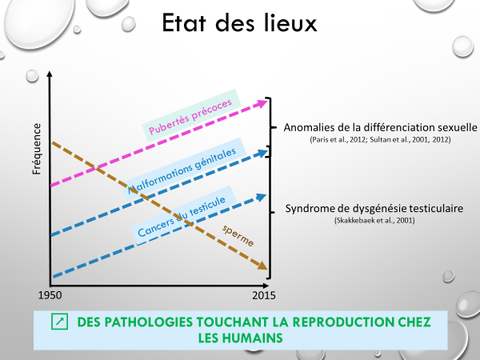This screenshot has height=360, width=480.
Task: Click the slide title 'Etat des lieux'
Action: click(239, 23)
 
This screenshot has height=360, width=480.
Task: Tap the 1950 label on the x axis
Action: click(50, 295)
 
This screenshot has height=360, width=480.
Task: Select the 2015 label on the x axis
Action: click(264, 295)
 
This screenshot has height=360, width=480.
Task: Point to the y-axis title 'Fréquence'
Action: click(37, 149)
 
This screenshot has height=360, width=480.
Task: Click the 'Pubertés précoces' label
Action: click(190, 117)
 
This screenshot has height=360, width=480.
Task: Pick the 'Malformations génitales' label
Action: click(182, 171)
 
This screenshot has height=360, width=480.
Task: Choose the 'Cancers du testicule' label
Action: click(182, 217)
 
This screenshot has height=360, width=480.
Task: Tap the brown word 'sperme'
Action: click(238, 235)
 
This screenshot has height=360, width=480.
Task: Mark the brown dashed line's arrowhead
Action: click(262, 266)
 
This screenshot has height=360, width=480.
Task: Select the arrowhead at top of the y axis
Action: click(50, 74)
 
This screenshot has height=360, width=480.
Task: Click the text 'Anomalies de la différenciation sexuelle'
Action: click(380, 127)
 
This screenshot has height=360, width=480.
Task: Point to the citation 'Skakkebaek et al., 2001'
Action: click(374, 221)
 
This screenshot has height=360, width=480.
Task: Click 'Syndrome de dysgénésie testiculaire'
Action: click(374, 209)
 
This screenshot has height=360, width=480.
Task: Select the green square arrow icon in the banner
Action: click(60, 322)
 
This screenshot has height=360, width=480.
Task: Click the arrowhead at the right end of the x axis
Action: click(266, 286)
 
